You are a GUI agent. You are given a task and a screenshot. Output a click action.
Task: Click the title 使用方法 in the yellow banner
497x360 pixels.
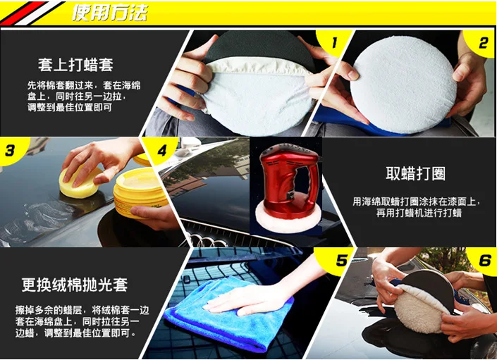tap(110, 13)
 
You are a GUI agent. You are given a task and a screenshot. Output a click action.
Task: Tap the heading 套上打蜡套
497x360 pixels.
tap(75, 65)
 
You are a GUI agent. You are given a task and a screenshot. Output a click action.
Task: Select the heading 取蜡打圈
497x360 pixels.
tap(415, 173)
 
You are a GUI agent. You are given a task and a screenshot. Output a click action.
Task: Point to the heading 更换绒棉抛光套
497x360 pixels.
tap(75, 285)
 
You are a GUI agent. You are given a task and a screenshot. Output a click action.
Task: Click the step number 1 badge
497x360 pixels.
tap(334, 42)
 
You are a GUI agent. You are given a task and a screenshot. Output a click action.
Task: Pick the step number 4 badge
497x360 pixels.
tap(161, 150)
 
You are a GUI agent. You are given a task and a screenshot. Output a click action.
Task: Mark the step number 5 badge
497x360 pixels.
tap(341, 260)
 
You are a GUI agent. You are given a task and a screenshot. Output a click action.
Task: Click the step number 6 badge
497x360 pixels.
tap(484, 260)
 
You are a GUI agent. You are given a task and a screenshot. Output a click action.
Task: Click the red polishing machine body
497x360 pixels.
tap(287, 180)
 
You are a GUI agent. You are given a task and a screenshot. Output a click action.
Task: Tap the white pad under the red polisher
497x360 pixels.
tap(288, 221)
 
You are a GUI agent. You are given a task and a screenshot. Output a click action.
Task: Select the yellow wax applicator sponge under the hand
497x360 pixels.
tap(79, 185)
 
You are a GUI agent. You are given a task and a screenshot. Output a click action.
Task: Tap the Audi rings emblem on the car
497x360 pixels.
tap(206, 241)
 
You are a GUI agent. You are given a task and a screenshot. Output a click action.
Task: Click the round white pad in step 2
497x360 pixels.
tap(403, 85)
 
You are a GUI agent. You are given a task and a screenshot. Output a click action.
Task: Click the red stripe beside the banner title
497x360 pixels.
tap(24, 13)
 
